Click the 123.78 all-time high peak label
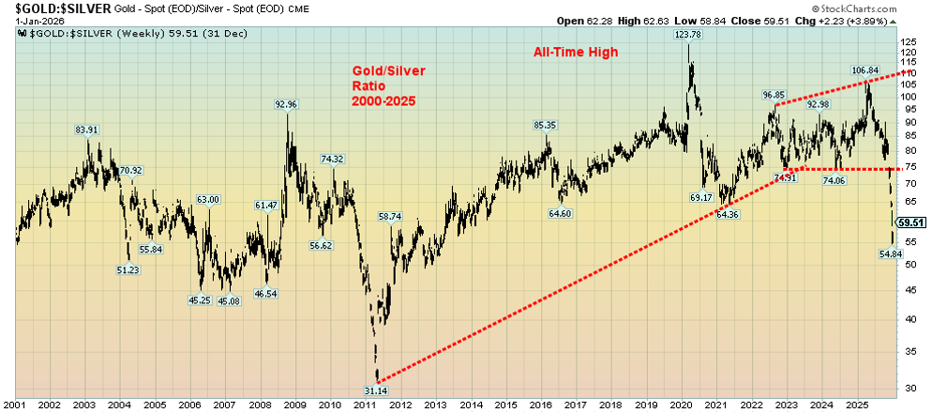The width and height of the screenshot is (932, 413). point(687,35)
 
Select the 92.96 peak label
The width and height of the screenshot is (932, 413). point(286,104)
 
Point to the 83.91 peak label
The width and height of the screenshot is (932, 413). point(88,130)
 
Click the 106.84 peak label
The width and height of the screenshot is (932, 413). point(864,70)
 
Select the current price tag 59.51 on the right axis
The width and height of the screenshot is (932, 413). point(911,222)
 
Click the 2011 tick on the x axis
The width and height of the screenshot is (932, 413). point(365,405)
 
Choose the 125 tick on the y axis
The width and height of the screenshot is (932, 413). point(909,43)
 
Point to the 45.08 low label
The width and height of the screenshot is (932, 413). point(229,300)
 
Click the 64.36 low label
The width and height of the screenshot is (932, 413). point(728,215)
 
